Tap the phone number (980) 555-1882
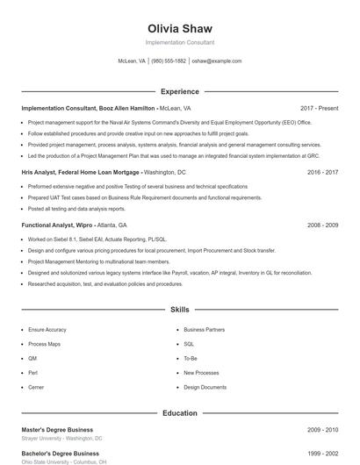tap(169, 61)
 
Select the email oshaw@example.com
tap(216, 61)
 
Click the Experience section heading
tap(179, 91)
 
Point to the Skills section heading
tap(179, 310)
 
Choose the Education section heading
tap(179, 412)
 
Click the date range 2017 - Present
tap(319, 108)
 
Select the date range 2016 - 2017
tap(323, 173)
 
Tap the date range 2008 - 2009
tap(323, 225)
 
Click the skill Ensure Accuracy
tap(47, 330)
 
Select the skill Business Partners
tap(204, 330)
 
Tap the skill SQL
tap(189, 344)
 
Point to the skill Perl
tap(33, 372)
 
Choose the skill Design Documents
tap(205, 386)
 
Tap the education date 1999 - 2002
tap(323, 454)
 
